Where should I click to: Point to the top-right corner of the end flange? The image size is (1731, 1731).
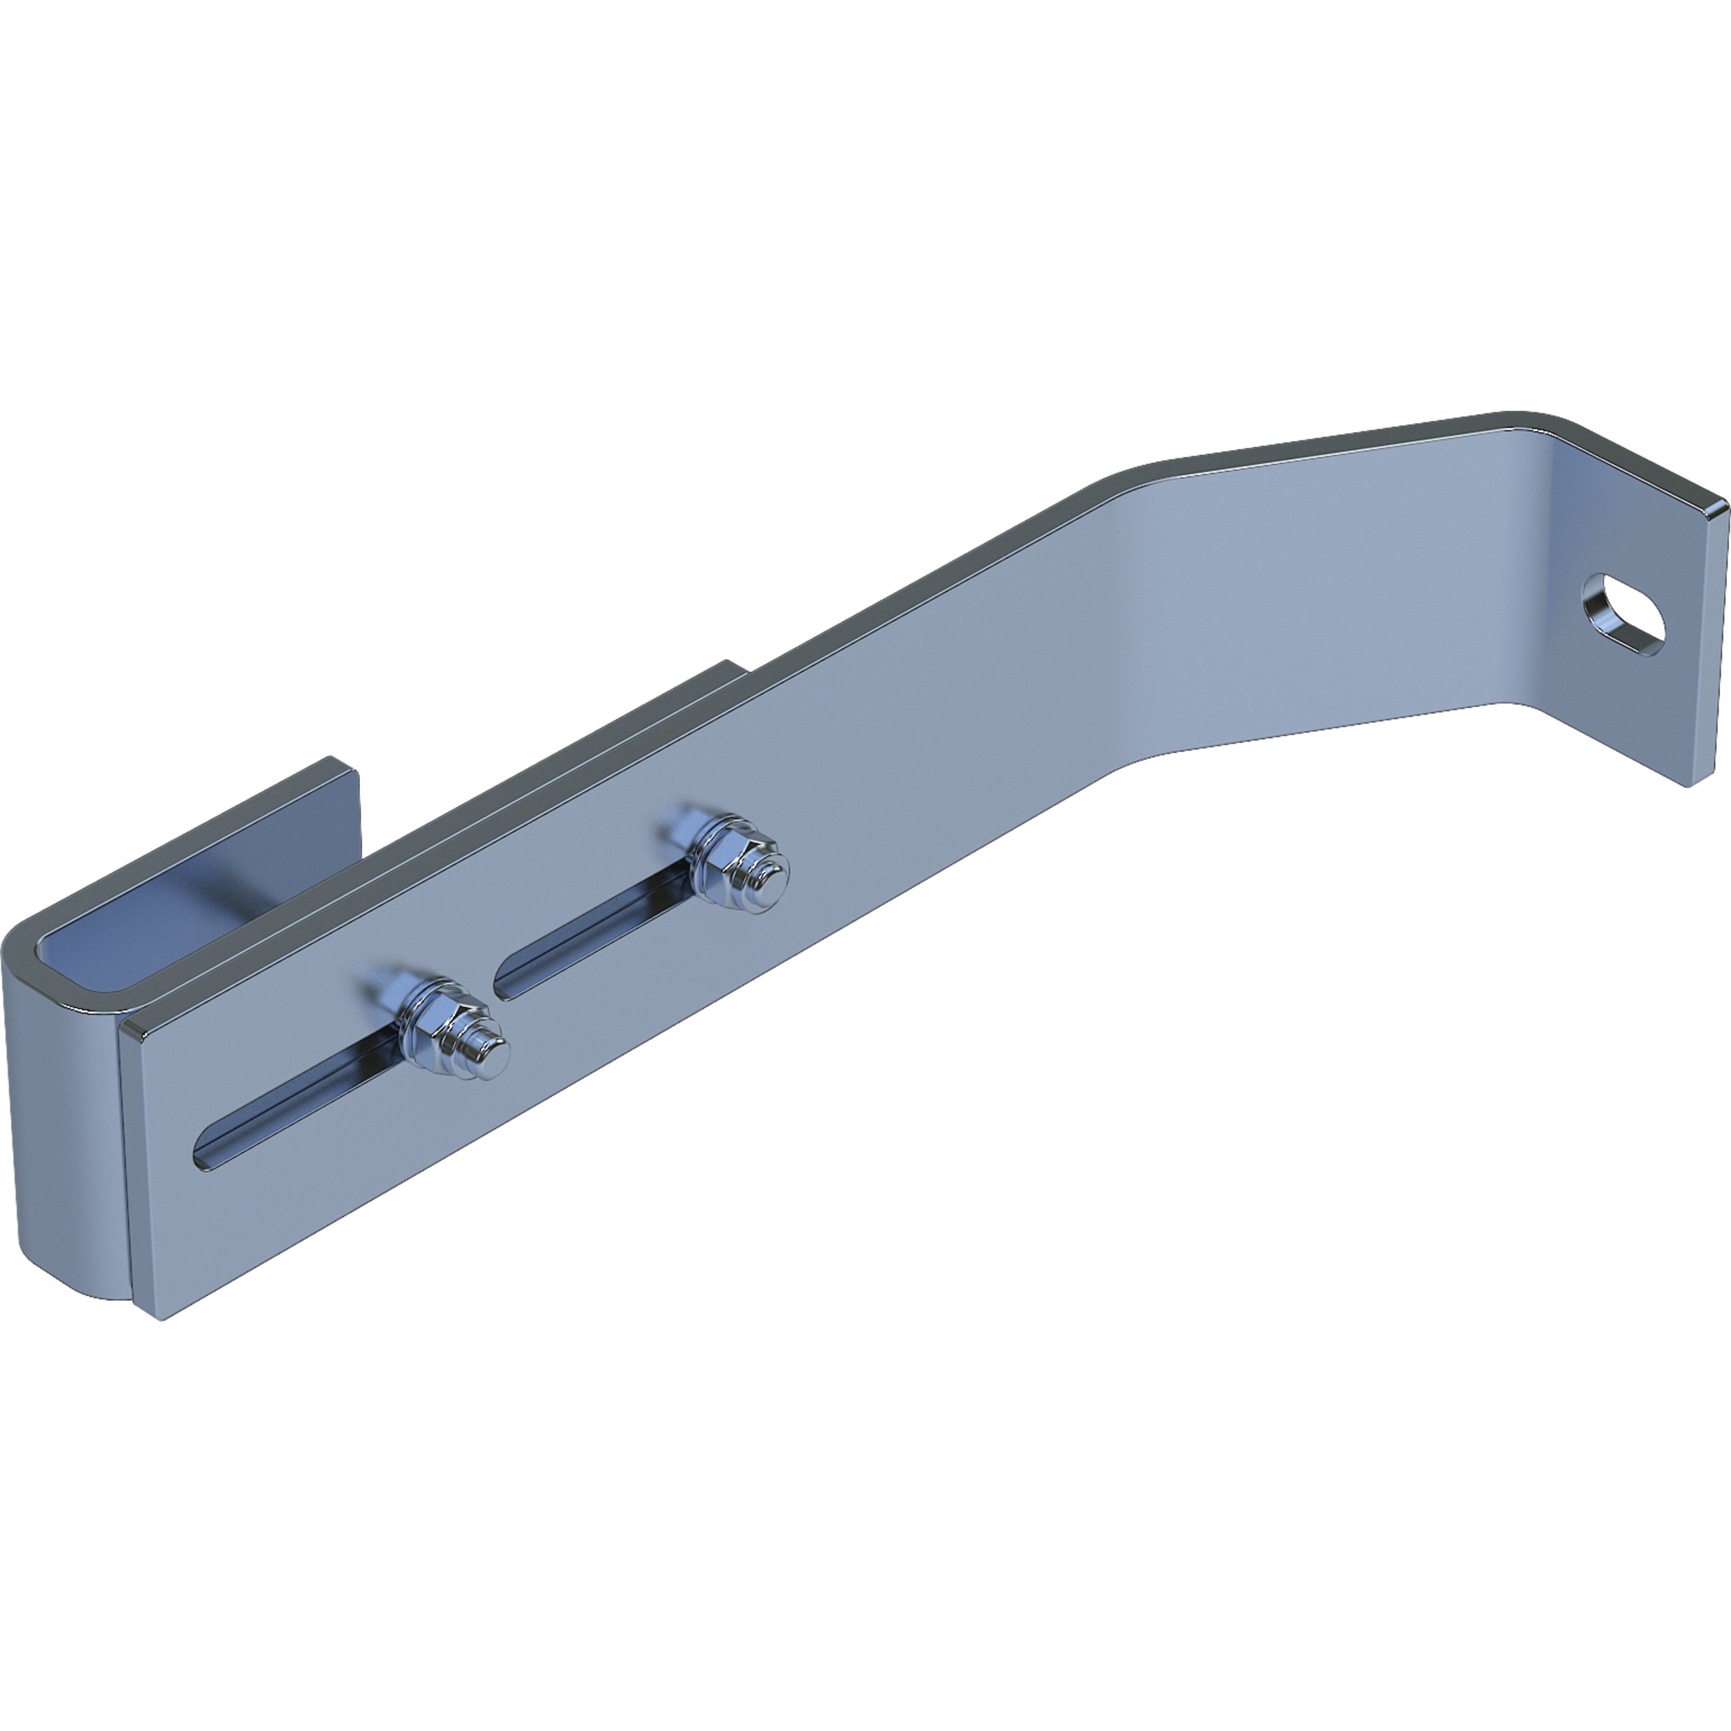click(1722, 507)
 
